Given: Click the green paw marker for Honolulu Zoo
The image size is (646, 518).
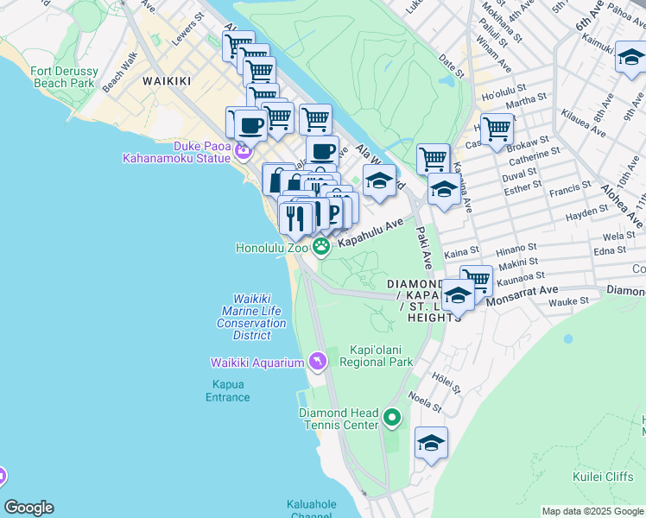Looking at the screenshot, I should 321,248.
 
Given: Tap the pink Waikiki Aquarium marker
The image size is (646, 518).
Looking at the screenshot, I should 318,360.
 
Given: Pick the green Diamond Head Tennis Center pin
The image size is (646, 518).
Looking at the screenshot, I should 392,420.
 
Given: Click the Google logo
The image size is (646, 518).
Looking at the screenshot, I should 28,508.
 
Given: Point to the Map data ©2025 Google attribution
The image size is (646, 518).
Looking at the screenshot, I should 592,511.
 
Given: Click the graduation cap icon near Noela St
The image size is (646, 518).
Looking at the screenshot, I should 431,444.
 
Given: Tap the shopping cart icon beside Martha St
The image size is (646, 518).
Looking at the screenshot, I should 497,129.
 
